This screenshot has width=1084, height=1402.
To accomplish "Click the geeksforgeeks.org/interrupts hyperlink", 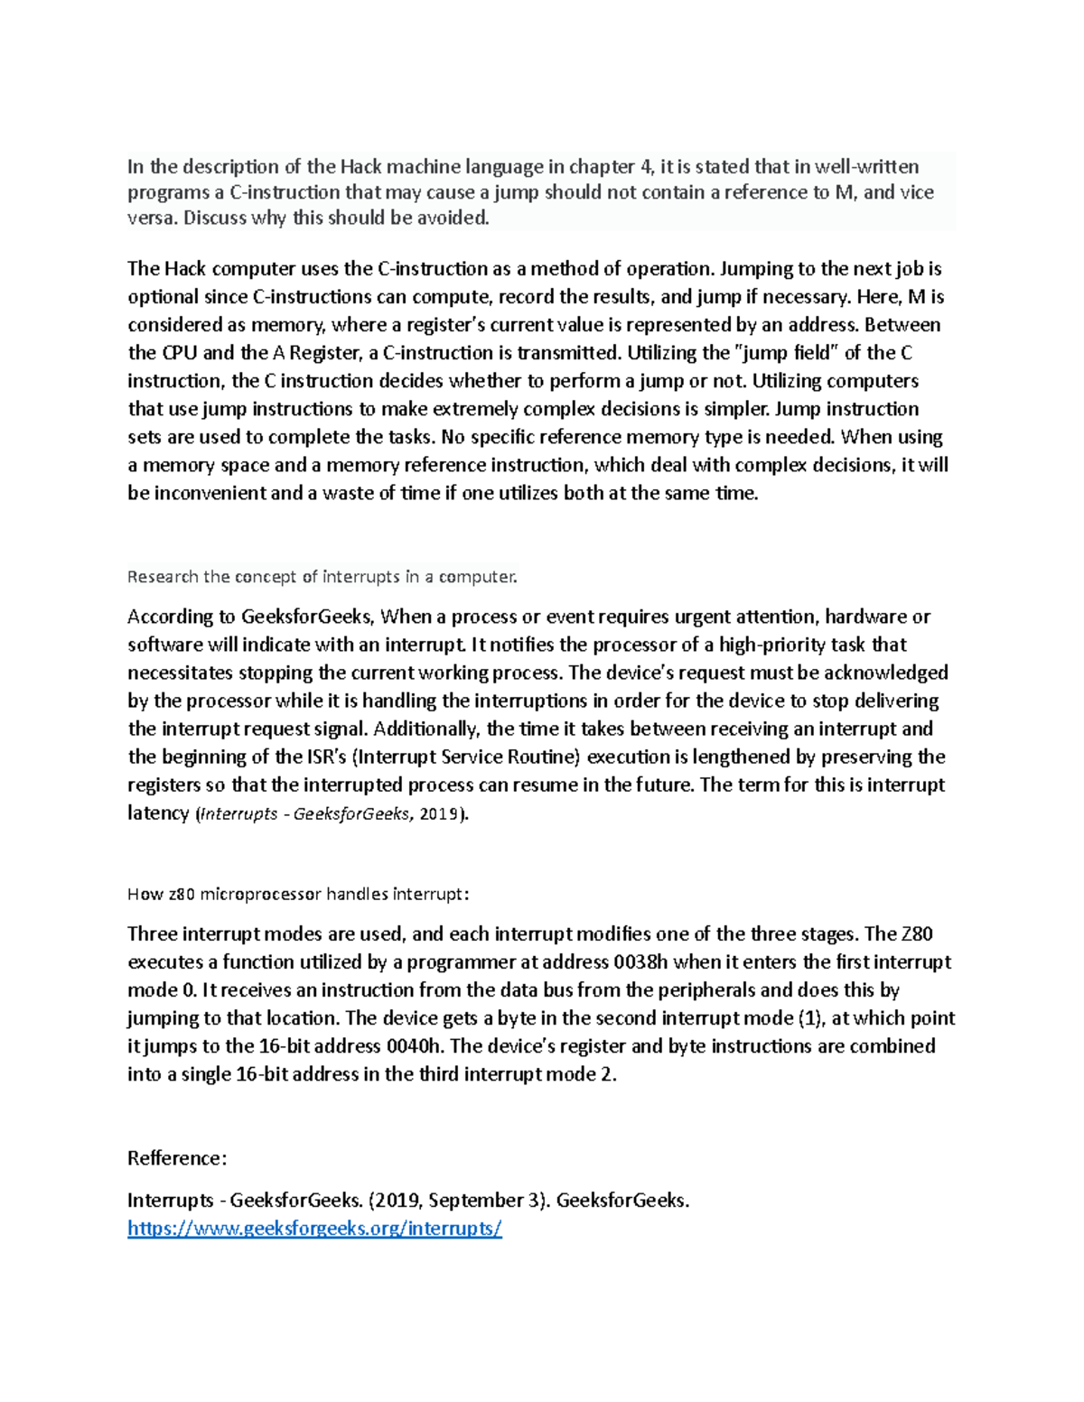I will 314,1228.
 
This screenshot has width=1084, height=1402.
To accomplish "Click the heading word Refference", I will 177,1158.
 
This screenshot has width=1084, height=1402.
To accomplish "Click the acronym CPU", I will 179,353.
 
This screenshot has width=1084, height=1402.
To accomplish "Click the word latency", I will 158,813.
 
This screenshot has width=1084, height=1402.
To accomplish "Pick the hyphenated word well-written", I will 867,167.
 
